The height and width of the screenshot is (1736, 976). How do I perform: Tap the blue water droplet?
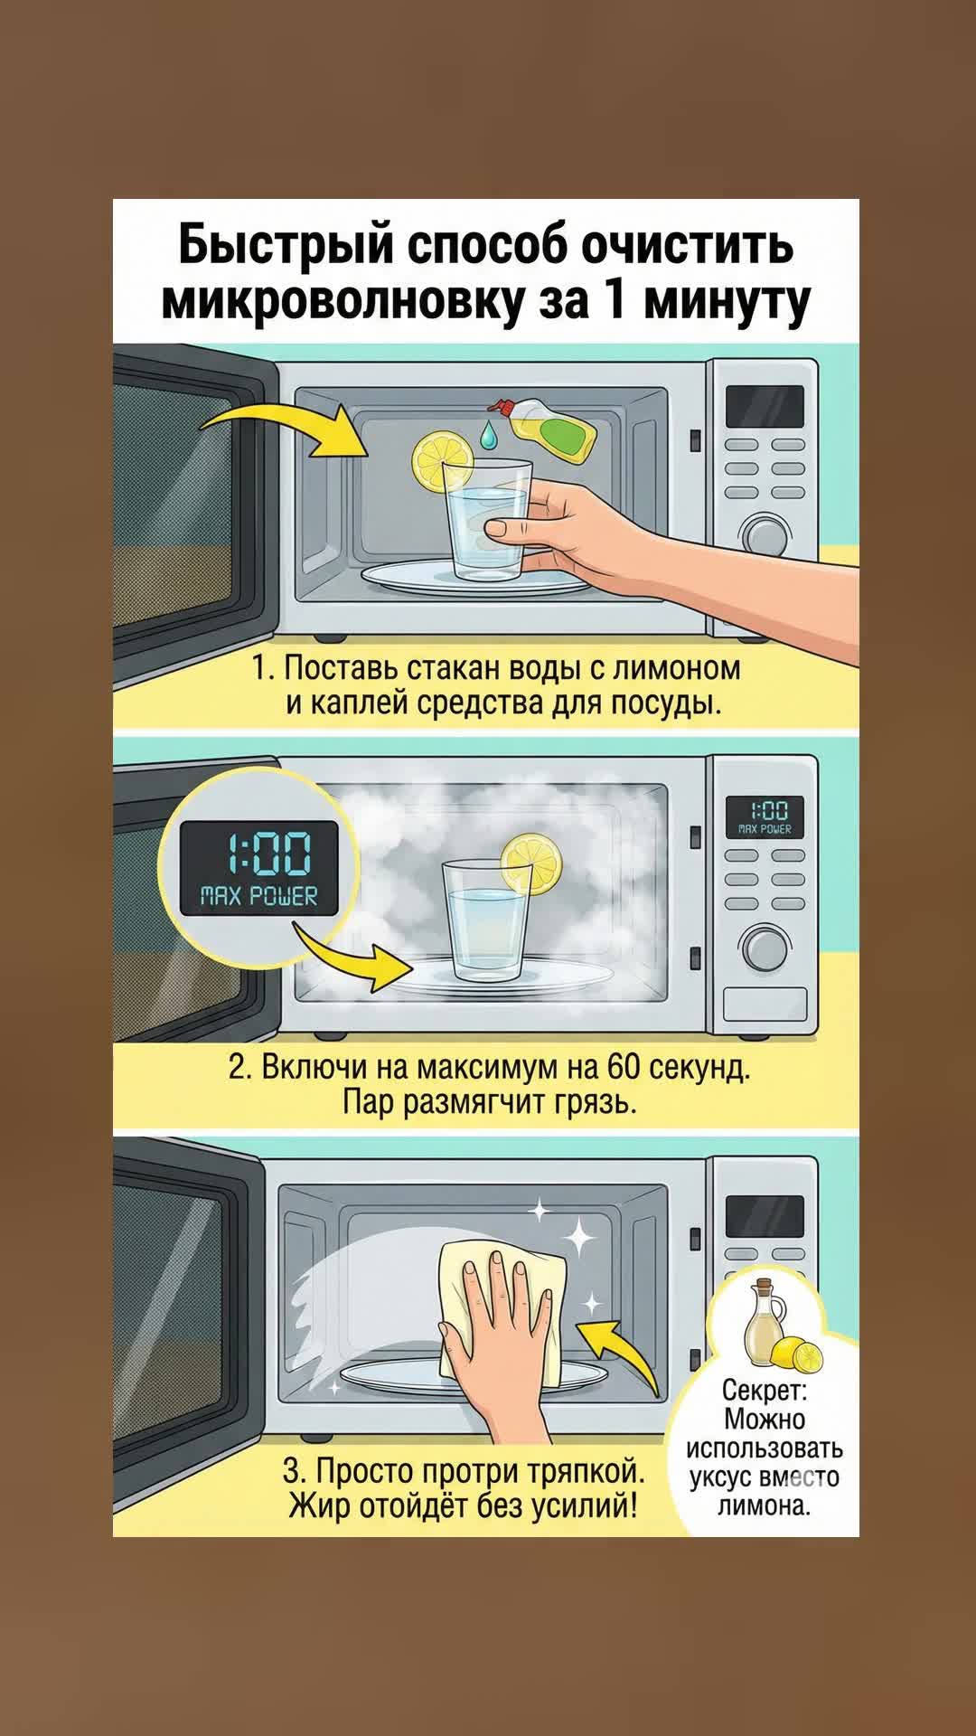(488, 434)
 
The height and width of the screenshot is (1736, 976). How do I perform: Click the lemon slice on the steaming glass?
(532, 864)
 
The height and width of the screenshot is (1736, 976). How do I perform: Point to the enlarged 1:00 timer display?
(258, 868)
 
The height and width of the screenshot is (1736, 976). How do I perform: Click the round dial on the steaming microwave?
(765, 949)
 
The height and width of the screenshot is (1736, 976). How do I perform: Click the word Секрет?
(764, 1390)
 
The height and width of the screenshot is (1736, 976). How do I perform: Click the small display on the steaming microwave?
(765, 815)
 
